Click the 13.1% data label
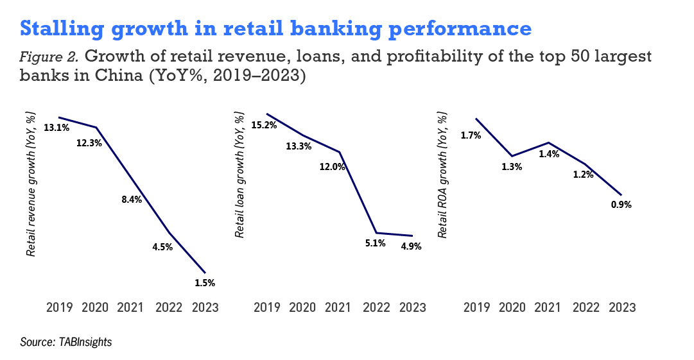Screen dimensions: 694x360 [x=56, y=128]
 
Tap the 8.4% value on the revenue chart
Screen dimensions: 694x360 [x=132, y=200]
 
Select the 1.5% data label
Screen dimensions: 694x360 [x=205, y=282]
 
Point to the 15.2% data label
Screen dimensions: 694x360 [x=265, y=125]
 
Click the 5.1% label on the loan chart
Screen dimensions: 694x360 [x=376, y=243]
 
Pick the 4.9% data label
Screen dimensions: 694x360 [x=411, y=246]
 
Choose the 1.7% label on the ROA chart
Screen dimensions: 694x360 [x=471, y=135]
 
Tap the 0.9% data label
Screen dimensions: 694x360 [x=621, y=205]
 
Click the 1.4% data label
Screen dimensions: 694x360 [x=549, y=154]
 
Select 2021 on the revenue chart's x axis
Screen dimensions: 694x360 [x=130, y=307]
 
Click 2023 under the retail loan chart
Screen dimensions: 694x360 [x=413, y=307]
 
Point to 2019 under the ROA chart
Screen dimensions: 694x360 [x=476, y=307]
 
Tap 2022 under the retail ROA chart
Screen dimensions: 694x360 [x=586, y=307]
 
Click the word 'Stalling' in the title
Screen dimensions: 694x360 [x=62, y=29]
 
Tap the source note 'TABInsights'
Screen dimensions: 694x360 [x=85, y=342]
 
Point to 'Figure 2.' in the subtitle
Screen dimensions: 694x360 [x=49, y=57]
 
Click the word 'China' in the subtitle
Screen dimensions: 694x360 [x=119, y=75]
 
